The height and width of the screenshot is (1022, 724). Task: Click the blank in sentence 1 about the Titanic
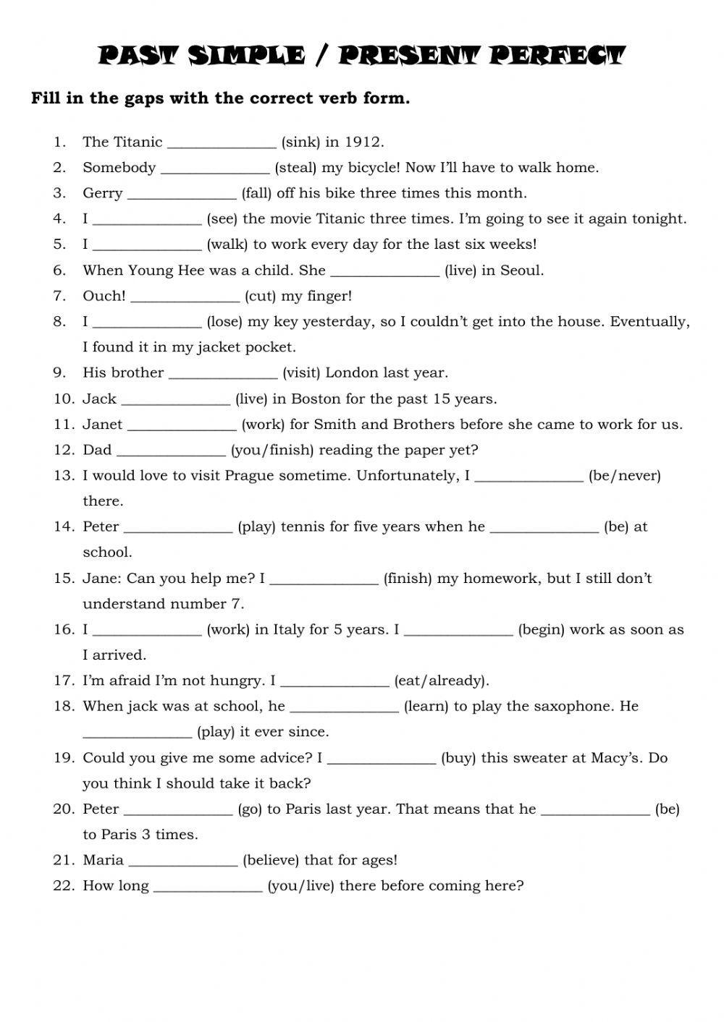[222, 142]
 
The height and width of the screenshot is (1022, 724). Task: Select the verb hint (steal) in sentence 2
[295, 168]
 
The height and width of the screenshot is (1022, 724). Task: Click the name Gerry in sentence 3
[103, 194]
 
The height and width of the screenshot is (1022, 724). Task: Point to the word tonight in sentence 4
[662, 218]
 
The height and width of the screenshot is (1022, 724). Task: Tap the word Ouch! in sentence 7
[104, 296]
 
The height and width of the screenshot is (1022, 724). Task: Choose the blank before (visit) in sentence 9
[223, 373]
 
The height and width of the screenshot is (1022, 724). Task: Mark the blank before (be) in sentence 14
[544, 527]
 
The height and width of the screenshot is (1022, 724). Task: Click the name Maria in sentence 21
[104, 861]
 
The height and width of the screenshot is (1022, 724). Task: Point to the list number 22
[64, 886]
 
